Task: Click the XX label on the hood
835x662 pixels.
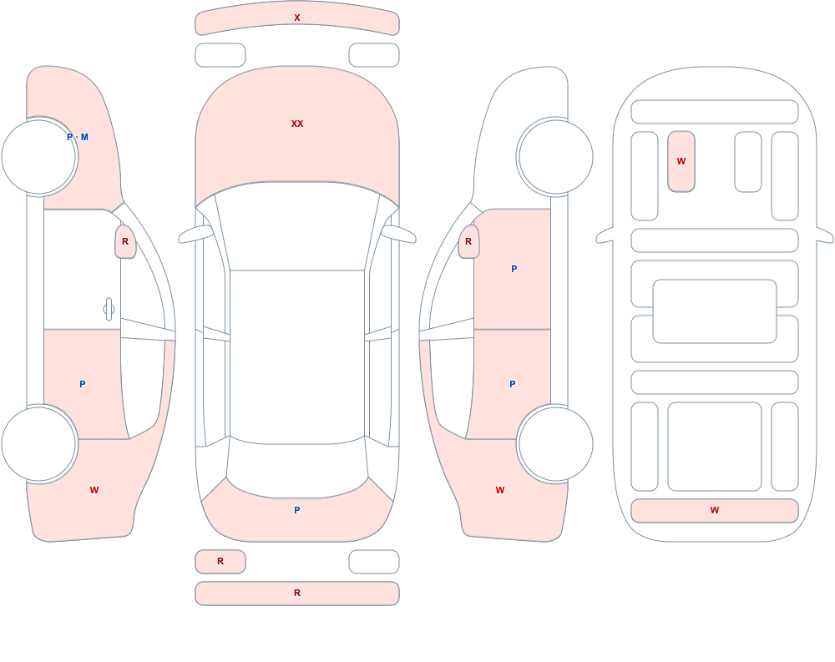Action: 297,124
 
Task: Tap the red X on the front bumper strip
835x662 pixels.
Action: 297,18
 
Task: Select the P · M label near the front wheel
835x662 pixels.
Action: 78,137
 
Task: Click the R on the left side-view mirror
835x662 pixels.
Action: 125,241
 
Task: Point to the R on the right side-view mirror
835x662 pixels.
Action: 468,241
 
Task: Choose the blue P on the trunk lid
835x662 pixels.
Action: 297,510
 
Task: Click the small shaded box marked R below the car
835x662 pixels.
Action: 220,561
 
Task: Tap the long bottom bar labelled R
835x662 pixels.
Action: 297,594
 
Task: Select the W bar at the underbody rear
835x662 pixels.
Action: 715,511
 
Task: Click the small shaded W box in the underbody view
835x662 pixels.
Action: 681,161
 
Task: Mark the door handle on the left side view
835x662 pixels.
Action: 109,310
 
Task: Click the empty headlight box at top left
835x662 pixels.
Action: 220,55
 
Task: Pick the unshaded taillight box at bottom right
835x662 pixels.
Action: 374,561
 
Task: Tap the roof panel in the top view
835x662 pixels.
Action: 297,356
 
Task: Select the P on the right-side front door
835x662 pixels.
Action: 514,269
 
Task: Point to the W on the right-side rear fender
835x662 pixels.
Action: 500,490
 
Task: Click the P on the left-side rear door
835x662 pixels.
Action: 82,384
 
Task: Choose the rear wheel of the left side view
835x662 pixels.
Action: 39,443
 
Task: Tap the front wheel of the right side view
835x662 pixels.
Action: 555,157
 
